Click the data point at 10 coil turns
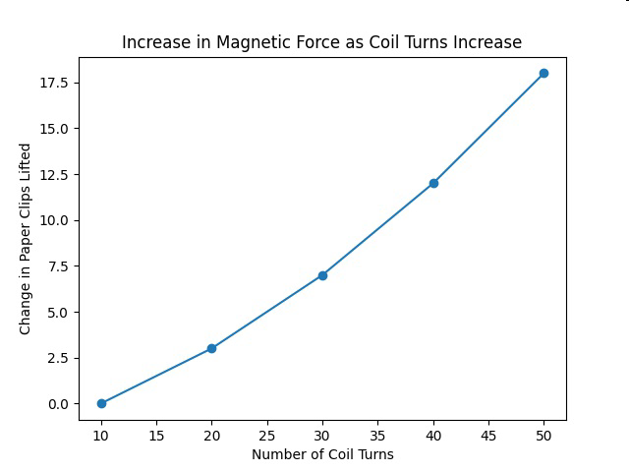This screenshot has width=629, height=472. [101, 403]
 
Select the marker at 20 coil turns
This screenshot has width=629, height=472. [212, 348]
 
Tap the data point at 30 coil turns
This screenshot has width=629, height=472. [322, 275]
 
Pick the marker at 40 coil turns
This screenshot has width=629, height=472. [433, 184]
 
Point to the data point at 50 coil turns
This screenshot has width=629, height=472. [543, 73]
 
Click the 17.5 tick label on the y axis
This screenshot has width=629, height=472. [54, 83]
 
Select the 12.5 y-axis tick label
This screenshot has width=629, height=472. [54, 175]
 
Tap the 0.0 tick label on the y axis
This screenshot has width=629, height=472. [58, 404]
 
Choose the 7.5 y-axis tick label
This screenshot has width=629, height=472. [58, 266]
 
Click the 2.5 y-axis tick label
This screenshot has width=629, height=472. [58, 358]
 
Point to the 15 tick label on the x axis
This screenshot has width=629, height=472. [156, 436]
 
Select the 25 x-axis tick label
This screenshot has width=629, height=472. [267, 436]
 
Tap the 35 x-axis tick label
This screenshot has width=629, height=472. [377, 436]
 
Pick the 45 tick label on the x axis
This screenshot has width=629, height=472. [488, 436]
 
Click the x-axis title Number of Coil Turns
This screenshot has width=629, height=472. [323, 454]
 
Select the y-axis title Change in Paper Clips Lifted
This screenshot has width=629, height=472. [25, 239]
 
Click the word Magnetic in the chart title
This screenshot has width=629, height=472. [244, 42]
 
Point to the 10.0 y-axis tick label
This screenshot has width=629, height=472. [54, 220]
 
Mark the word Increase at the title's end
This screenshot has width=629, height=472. [487, 42]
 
